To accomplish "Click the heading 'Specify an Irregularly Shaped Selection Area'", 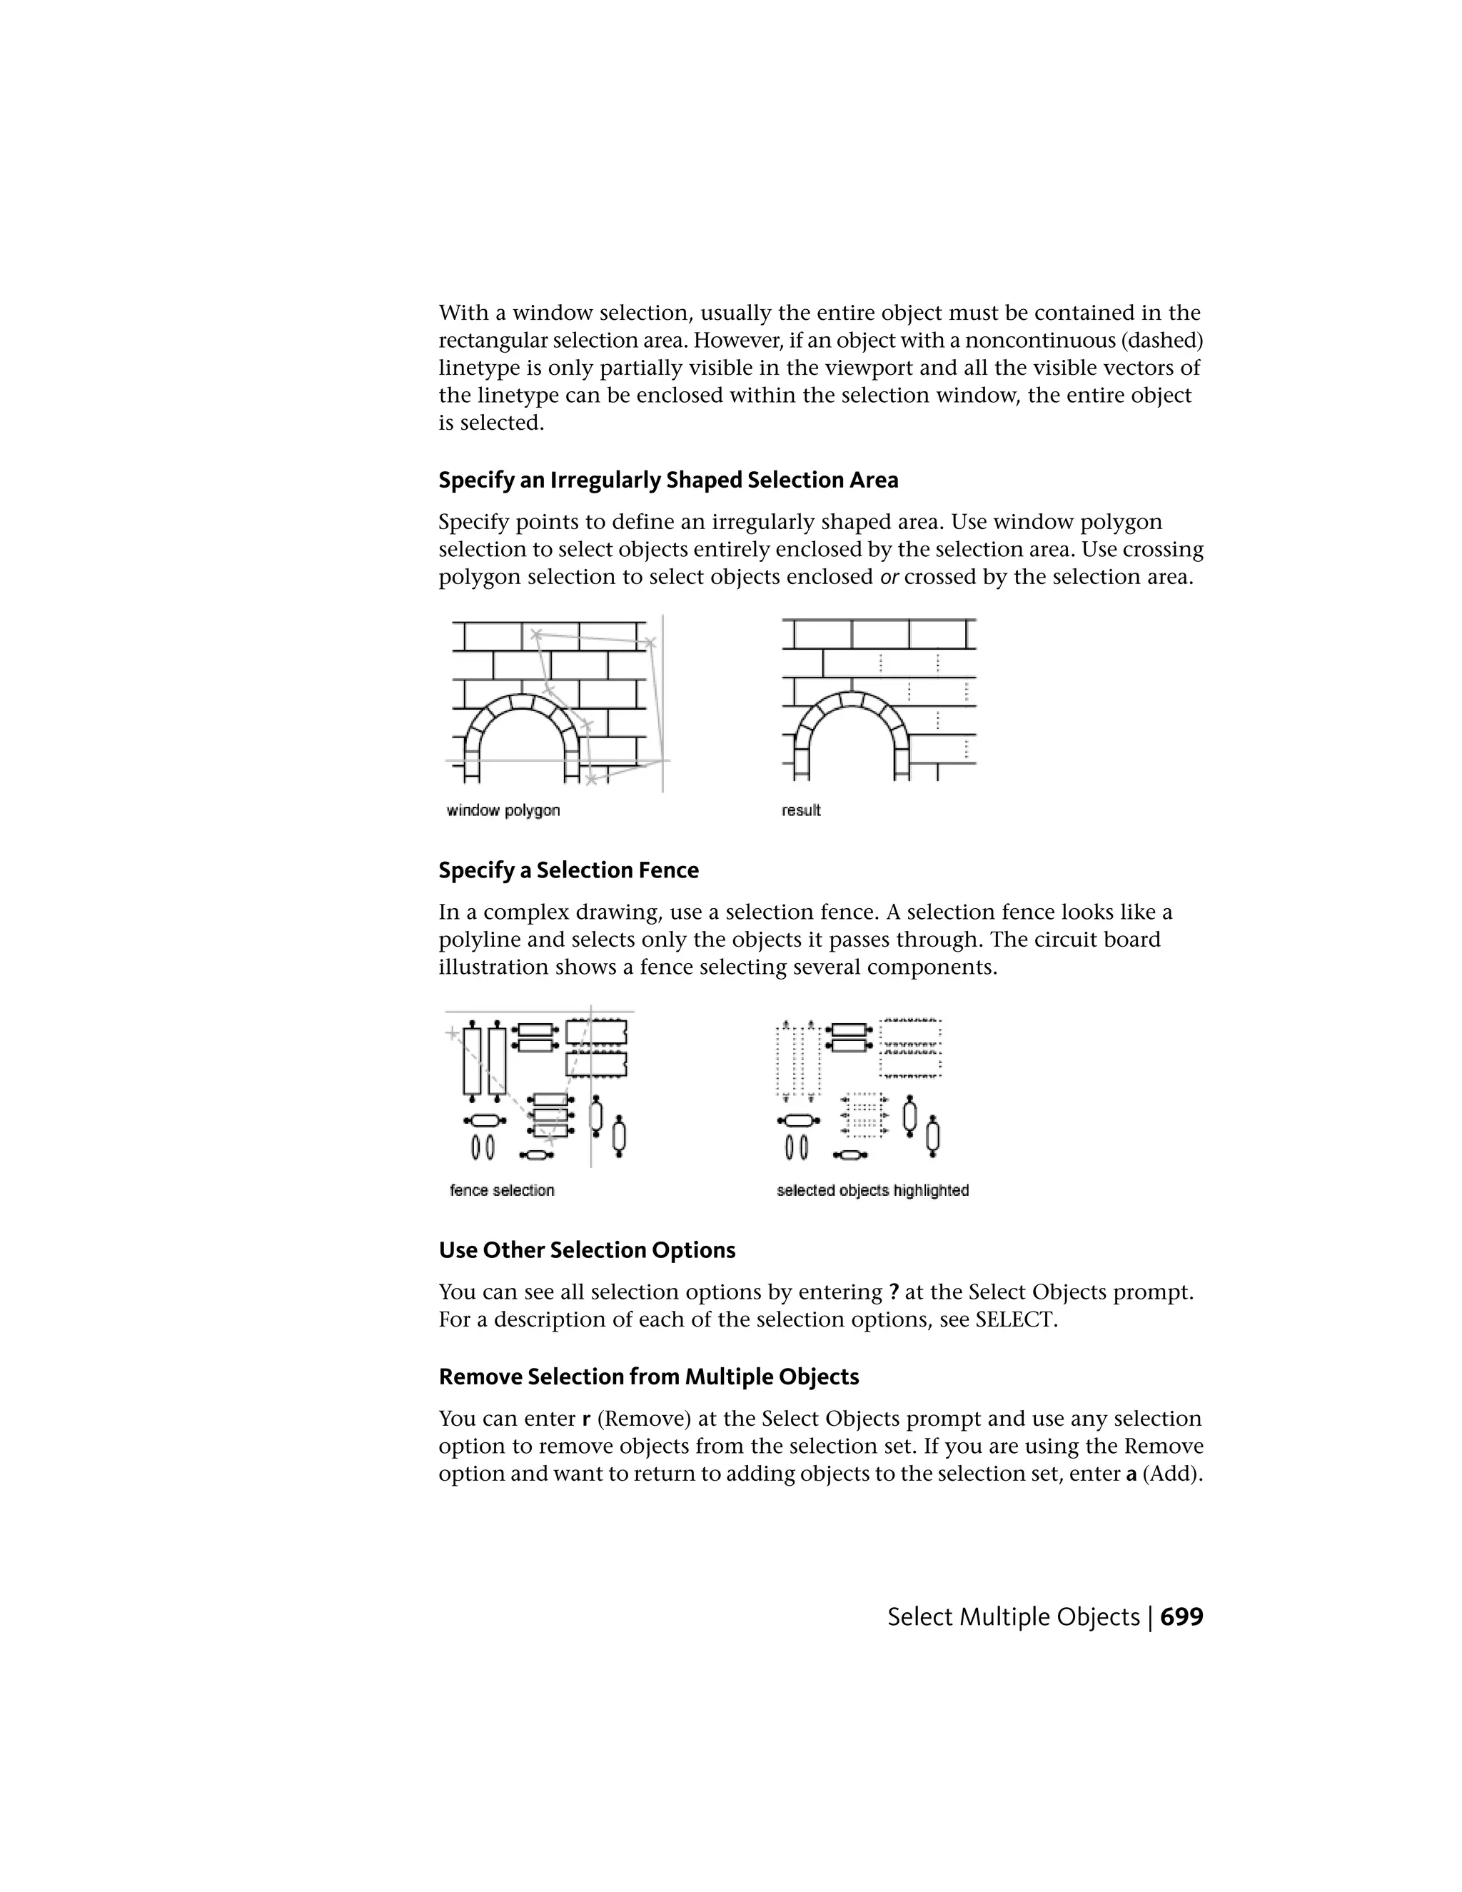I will (x=667, y=480).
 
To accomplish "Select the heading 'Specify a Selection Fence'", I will (x=568, y=870).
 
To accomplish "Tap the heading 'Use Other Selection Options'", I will (x=586, y=1250).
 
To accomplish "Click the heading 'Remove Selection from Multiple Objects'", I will (x=649, y=1377).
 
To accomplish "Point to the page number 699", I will (x=1181, y=1616).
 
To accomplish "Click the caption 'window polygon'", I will (x=503, y=810).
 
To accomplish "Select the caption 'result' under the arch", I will (x=800, y=810).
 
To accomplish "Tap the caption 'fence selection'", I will (x=501, y=1190).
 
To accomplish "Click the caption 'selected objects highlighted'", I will (x=872, y=1190).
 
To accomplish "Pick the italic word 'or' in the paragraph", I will (x=889, y=577).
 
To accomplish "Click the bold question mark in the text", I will (x=894, y=1292).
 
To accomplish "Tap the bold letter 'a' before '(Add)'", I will (x=1130, y=1474).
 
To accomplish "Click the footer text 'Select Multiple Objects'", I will (x=1012, y=1616).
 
